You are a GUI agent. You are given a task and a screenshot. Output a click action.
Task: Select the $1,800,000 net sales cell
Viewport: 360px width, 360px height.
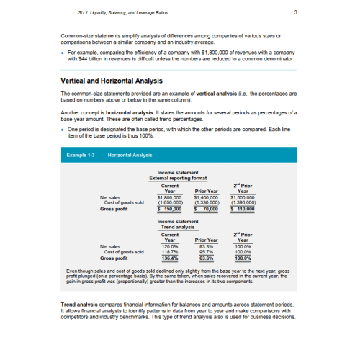[170, 197]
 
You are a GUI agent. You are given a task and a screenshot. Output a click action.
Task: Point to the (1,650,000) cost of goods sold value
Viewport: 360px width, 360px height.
[170, 202]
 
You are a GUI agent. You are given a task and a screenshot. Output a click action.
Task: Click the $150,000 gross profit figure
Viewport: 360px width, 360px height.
[170, 208]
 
